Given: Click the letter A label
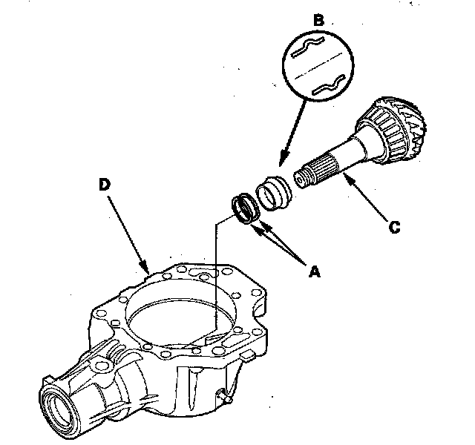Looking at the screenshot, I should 314,271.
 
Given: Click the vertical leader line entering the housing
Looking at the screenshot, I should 214,282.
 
